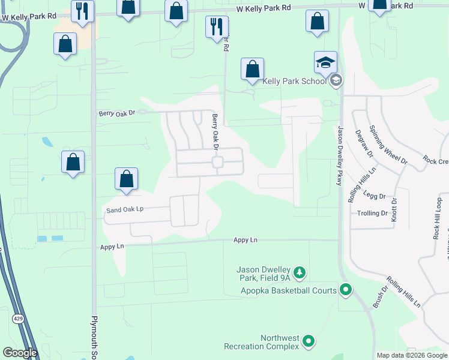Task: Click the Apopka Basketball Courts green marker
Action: (x=346, y=290)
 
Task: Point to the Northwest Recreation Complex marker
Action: (x=309, y=342)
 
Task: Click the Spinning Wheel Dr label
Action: (x=388, y=145)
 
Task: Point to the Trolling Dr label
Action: (x=372, y=214)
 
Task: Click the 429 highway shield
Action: (x=20, y=319)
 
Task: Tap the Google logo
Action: (x=20, y=353)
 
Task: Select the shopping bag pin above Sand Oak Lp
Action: (x=126, y=179)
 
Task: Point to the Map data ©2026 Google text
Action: (x=411, y=355)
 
